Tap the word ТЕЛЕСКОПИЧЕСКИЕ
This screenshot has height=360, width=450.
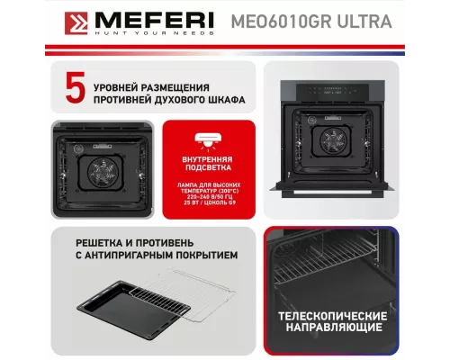(333, 317)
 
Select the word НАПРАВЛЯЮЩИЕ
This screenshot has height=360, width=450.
(333, 331)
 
